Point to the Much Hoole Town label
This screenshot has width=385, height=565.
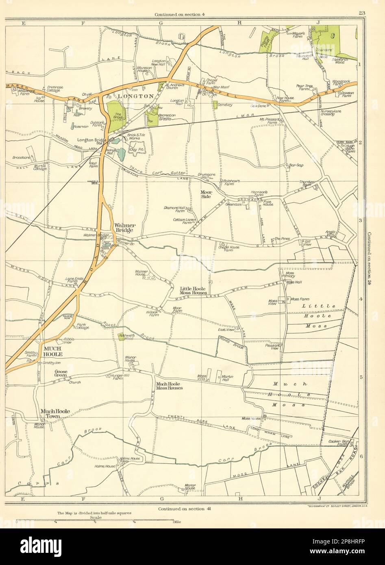55,414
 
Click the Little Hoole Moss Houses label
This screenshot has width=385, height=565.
194,291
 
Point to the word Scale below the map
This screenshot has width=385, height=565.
96,517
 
